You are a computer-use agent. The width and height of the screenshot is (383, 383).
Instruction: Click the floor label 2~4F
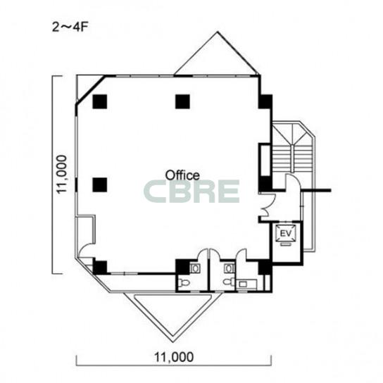coord(70,27)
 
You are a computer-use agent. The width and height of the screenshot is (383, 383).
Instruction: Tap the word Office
coord(182,175)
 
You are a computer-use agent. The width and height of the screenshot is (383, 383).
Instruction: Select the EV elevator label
coord(286,234)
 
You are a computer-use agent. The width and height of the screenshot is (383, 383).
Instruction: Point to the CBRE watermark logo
coord(191,191)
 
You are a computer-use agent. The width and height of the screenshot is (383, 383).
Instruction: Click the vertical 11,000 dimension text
coord(61,175)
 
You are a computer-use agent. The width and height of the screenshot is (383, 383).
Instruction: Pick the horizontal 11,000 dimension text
coord(174,357)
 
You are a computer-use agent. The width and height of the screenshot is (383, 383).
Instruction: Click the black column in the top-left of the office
coord(100,101)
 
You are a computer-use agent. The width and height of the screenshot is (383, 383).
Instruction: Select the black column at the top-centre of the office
coord(182,101)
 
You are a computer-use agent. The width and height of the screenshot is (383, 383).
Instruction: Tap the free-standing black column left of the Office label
coord(100,184)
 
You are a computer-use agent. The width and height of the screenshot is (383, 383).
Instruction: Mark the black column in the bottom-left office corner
coord(100,268)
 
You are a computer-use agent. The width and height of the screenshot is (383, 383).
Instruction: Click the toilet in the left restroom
coord(184,283)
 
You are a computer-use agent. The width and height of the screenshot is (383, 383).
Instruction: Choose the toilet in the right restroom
coord(228,282)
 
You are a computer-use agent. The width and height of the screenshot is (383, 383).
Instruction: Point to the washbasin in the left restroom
coord(195,268)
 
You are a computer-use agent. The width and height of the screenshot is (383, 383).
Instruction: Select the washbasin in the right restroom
coord(229,268)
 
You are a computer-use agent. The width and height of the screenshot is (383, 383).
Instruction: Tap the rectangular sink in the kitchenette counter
coord(243,284)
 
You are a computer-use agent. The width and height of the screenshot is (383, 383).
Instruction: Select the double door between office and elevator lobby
coord(268,205)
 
